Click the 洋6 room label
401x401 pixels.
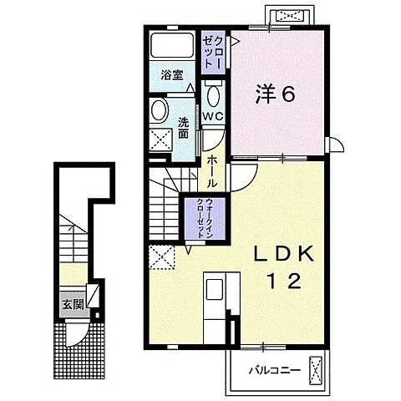click(271, 94)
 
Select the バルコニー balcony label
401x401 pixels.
click(268, 367)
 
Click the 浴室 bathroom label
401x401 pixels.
click(171, 74)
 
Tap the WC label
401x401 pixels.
click(212, 116)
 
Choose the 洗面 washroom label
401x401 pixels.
click(184, 129)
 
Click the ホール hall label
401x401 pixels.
click(215, 171)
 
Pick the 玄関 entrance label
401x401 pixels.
click(69, 304)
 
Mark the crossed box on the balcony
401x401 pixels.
click(316, 367)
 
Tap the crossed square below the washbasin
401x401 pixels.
click(160, 140)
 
